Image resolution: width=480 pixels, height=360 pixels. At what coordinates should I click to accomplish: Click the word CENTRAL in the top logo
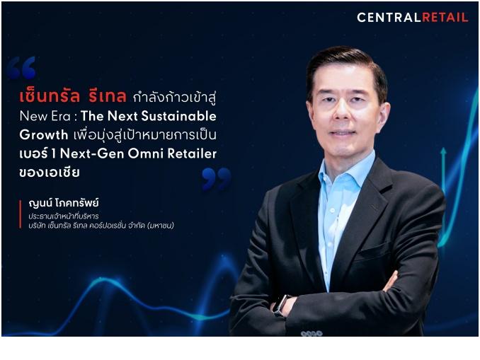click(x=389, y=18)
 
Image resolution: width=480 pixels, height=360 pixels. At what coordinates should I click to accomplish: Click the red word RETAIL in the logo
click(x=445, y=18)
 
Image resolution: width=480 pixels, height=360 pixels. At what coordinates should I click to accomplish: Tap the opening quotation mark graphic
click(x=21, y=68)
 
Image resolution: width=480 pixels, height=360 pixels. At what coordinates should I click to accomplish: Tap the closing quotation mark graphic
click(x=216, y=179)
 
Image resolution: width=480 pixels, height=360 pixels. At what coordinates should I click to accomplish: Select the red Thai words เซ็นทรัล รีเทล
click(x=73, y=95)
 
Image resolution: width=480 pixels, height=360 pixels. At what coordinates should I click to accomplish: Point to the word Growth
click(x=44, y=135)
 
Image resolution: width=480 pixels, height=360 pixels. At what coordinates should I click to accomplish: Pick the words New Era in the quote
click(x=45, y=116)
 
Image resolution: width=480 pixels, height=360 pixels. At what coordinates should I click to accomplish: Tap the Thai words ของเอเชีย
click(x=50, y=172)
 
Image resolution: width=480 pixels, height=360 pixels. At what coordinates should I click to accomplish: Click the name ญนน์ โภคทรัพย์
click(x=64, y=203)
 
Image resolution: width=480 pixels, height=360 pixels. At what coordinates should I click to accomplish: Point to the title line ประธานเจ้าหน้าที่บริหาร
click(x=64, y=216)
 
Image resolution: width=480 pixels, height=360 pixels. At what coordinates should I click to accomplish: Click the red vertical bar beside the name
click(x=21, y=214)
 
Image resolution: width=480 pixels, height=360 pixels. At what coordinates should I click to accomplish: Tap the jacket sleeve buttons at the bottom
click(x=312, y=333)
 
